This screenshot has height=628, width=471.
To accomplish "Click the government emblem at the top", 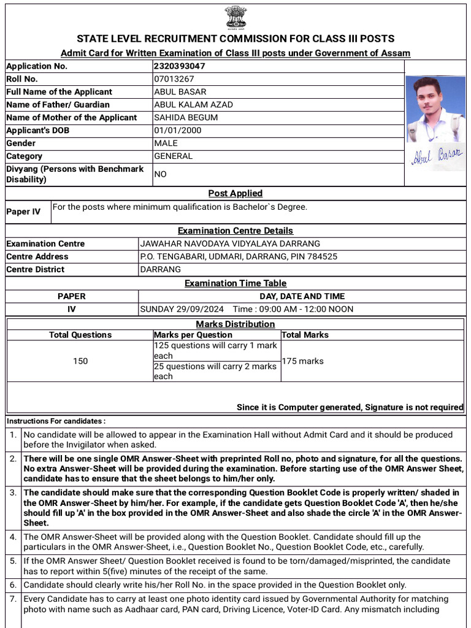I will (235, 17).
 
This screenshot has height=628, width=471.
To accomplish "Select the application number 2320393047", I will (179, 66).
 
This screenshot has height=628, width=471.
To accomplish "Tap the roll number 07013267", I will (174, 79).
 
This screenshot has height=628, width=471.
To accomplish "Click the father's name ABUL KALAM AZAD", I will (193, 105).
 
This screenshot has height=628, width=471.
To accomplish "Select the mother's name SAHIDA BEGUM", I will (186, 118).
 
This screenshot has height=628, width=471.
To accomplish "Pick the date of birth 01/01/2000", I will (178, 131).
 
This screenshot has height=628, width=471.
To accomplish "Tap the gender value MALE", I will (166, 144).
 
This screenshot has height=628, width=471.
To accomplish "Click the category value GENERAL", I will (173, 156).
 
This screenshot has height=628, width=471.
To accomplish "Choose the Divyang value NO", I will (160, 174).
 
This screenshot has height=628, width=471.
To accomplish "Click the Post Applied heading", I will (235, 193).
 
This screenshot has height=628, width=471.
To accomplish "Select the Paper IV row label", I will (23, 212).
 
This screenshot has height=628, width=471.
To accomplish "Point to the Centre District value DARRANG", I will (161, 270).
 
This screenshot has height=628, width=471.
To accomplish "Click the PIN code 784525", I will (323, 257).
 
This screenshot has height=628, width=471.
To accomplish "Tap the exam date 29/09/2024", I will (201, 309).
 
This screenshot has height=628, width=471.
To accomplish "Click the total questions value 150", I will (80, 361).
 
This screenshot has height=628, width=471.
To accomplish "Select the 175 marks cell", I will (302, 361).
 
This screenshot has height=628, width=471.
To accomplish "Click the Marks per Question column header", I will (193, 335).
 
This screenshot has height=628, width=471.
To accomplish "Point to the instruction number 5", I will (13, 561).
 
